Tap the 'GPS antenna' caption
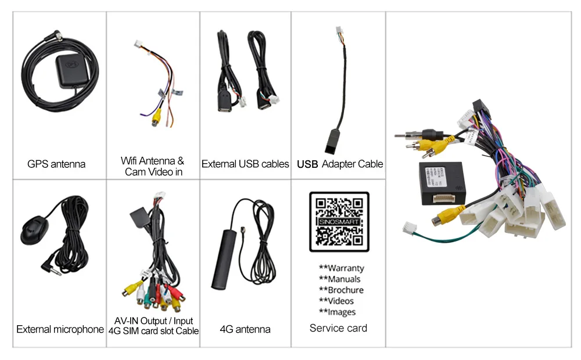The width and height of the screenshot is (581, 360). tap(56, 164)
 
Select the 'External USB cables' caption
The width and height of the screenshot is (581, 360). tap(245, 164)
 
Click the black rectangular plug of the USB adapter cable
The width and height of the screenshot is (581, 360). tap(336, 140)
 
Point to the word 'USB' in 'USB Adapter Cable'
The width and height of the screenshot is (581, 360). tap(307, 164)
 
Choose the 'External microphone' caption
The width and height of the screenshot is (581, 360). tap(60, 329)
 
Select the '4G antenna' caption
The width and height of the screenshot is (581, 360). tap(245, 329)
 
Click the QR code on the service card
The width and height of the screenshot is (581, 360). tap(339, 222)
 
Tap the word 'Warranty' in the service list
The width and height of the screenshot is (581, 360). tap(346, 268)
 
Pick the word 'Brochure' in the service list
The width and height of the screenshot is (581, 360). tap(345, 290)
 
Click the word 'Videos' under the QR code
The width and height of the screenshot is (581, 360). tap(340, 301)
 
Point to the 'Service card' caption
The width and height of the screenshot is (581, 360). tap(338, 328)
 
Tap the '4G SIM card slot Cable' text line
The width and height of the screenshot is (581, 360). tap(153, 331)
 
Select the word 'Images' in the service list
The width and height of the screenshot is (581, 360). tap(342, 312)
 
